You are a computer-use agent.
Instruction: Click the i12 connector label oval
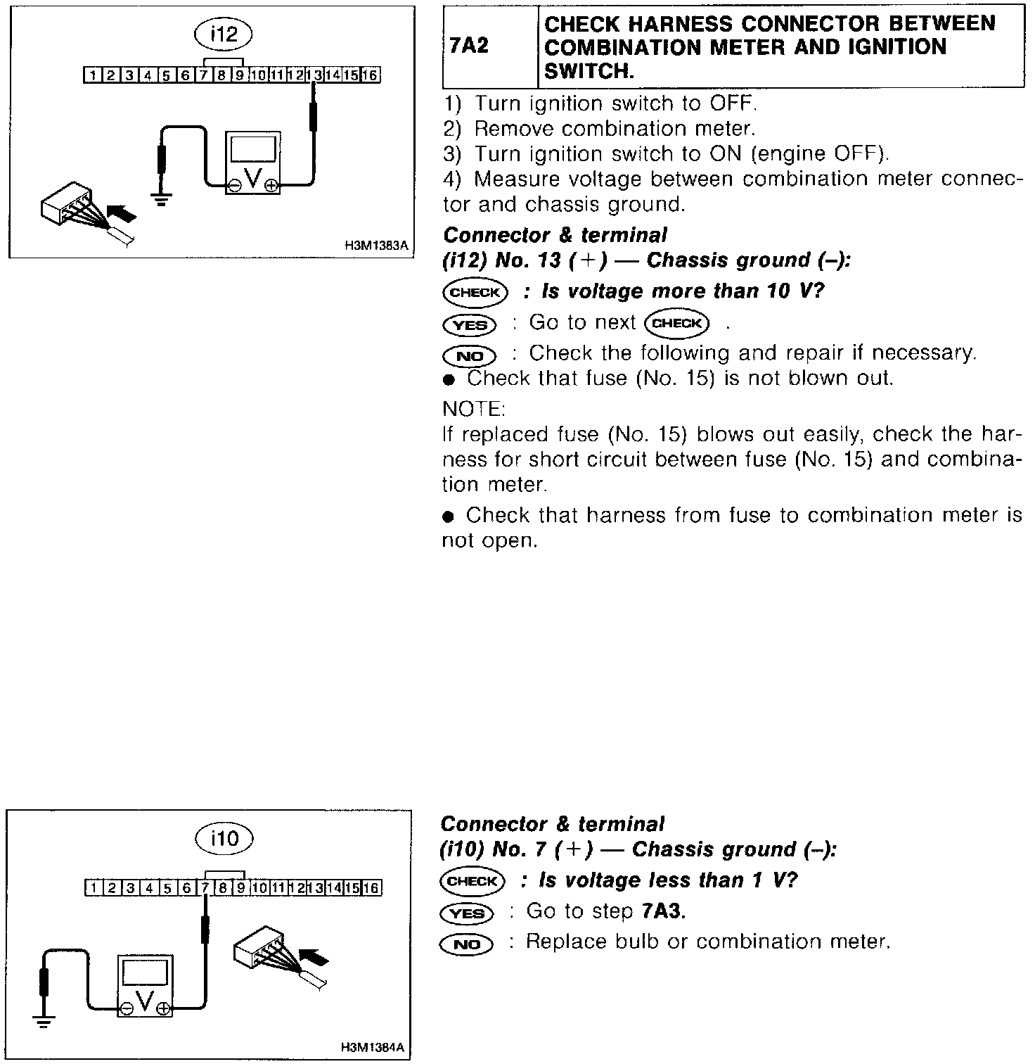(224, 34)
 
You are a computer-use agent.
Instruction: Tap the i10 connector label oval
(224, 838)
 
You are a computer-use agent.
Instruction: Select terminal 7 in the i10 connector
(205, 887)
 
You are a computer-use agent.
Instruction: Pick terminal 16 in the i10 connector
(371, 887)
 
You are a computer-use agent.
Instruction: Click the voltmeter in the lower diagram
(145, 984)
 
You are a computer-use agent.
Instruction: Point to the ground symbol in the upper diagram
(162, 199)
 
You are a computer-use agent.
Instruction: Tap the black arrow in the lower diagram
(314, 957)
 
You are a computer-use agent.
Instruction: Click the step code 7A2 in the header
(469, 46)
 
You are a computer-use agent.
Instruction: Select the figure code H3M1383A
(376, 246)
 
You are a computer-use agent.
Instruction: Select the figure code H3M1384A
(373, 1048)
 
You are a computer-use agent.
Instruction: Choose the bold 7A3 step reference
(663, 911)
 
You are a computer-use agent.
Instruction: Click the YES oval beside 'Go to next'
(470, 324)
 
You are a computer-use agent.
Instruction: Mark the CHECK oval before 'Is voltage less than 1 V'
(472, 881)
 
